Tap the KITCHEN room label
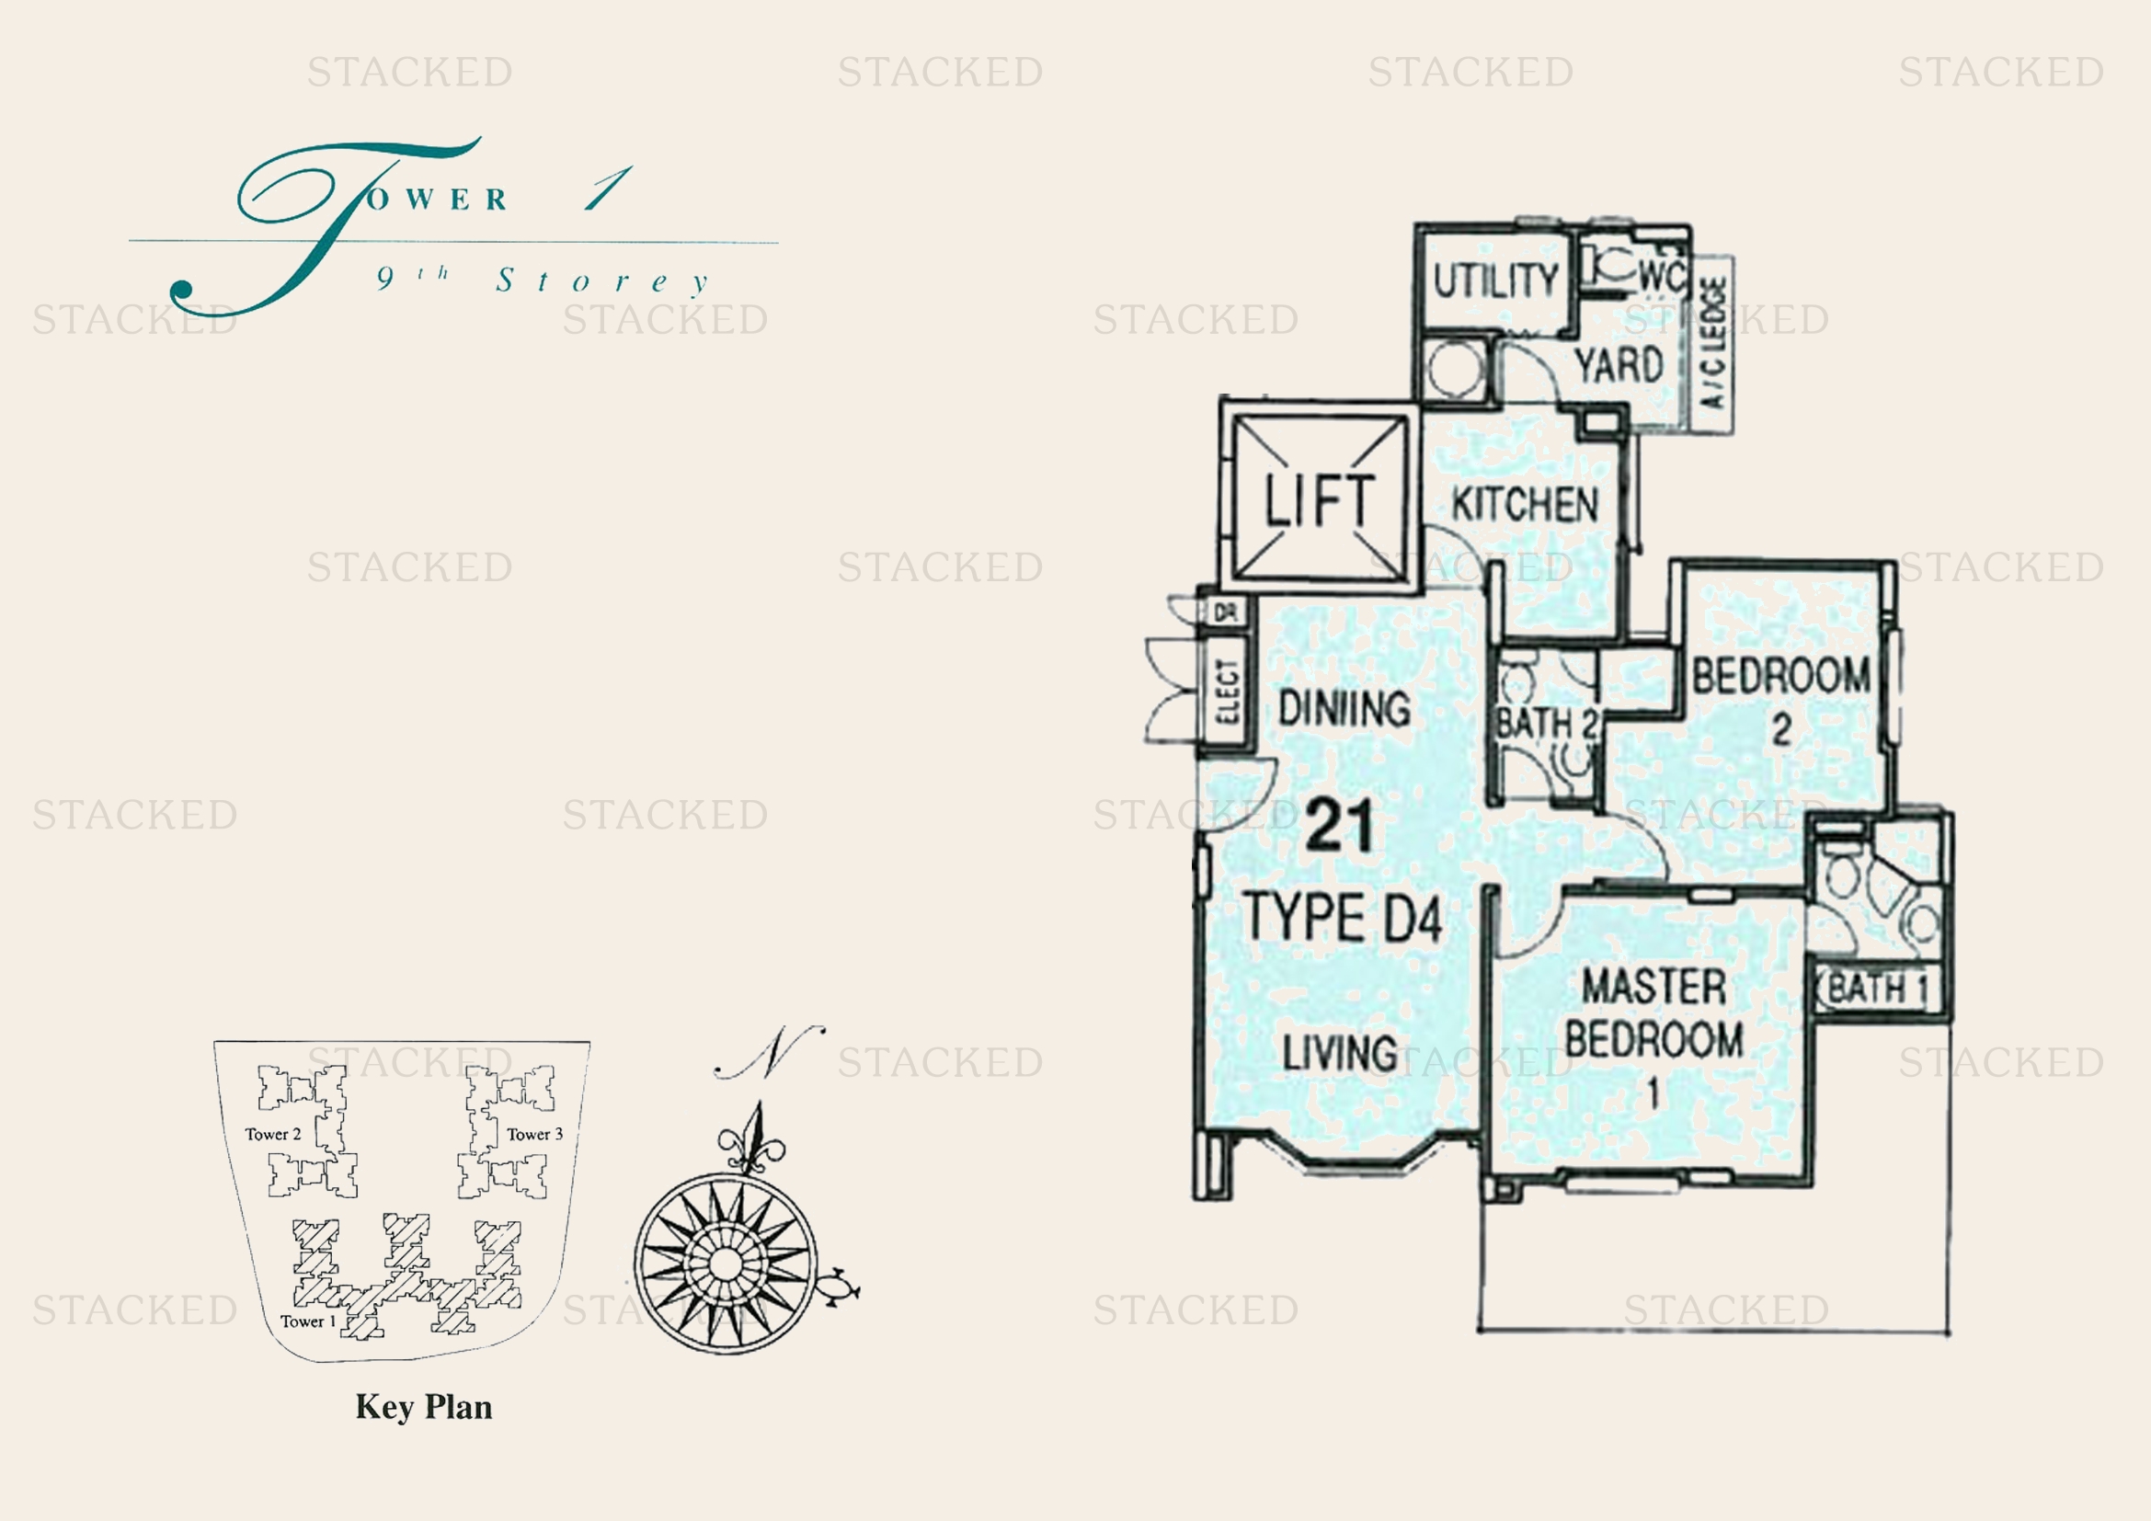(x=1525, y=505)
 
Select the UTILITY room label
(x=1495, y=280)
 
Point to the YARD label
(x=1619, y=364)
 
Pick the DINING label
(x=1344, y=708)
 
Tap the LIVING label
(x=1340, y=1053)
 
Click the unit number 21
(x=1340, y=825)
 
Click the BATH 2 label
(x=1546, y=723)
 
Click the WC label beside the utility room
(x=1662, y=276)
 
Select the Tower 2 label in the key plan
(x=272, y=1134)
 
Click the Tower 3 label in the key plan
(x=535, y=1134)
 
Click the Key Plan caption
(x=423, y=1407)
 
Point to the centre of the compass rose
(x=724, y=1263)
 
